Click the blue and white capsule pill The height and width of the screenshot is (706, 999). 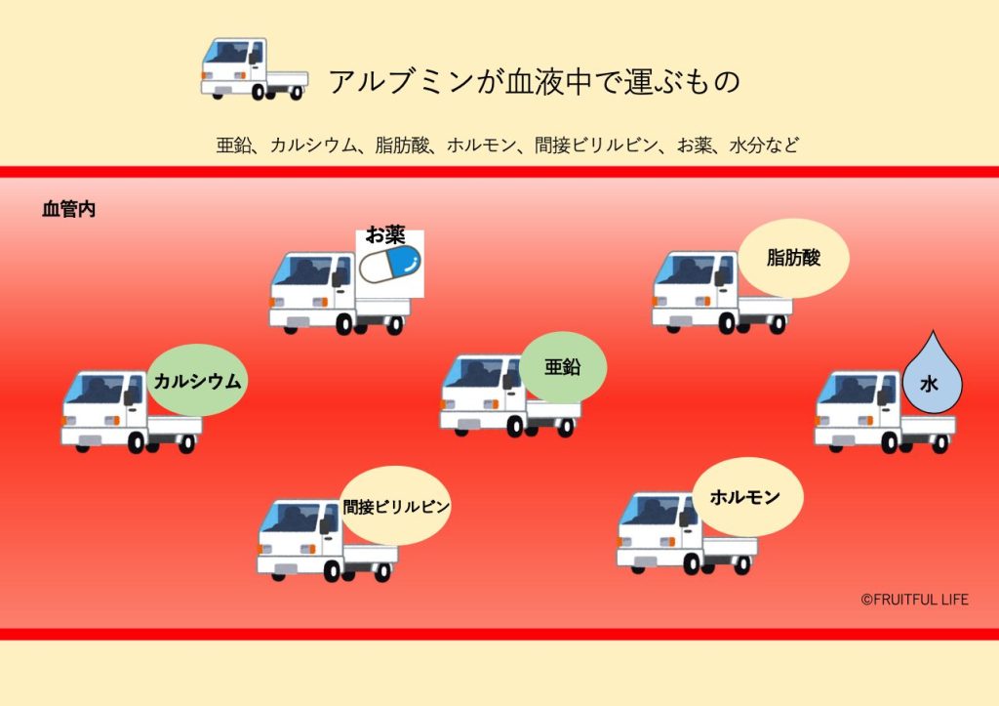click(389, 264)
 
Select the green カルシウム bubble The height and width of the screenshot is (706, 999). click(197, 381)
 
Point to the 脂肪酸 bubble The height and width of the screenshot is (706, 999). click(793, 258)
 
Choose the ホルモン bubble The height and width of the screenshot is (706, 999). click(745, 497)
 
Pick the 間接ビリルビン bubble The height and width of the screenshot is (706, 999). click(395, 506)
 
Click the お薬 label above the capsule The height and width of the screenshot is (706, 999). click(385, 235)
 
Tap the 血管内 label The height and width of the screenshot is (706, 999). click(68, 209)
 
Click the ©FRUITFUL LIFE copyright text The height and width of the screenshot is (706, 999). click(914, 599)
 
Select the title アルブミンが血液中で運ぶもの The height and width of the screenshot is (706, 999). click(534, 82)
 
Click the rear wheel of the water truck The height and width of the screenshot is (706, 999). click(939, 443)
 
